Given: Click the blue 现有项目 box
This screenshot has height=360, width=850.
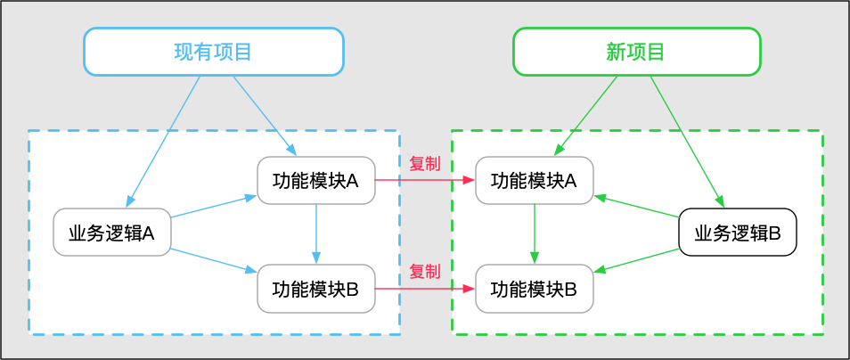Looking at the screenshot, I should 213,52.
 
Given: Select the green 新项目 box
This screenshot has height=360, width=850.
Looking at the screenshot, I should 636,52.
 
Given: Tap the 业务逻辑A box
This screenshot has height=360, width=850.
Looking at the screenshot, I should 111,233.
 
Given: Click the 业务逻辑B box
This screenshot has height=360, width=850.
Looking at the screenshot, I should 737,233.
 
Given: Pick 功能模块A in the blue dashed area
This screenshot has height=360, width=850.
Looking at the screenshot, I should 315,181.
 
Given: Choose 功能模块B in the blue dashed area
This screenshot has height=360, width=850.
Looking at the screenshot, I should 315,289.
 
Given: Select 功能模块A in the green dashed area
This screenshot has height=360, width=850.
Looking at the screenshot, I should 534,181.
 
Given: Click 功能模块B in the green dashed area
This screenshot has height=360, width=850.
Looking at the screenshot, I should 534,289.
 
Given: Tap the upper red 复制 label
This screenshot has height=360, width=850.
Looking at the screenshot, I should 424,164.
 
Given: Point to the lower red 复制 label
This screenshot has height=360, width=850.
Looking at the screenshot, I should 424,272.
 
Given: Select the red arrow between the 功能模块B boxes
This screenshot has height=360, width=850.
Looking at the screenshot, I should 424,289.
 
